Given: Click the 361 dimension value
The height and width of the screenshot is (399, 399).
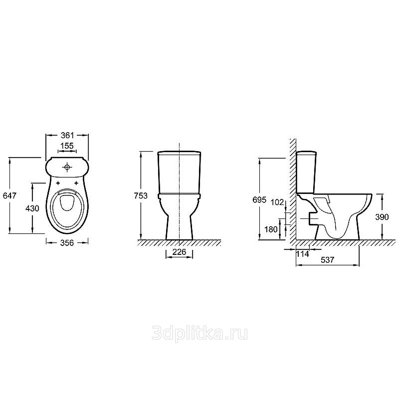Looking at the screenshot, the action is click(67, 135).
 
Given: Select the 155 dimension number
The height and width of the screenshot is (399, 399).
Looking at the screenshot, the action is click(67, 146).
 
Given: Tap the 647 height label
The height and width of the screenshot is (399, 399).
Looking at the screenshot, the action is click(9, 196).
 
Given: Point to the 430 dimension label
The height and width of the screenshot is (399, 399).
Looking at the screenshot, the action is click(32, 208).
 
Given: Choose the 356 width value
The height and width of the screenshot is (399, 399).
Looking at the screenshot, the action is click(67, 243).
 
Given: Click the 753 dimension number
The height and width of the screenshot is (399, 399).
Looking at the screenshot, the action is click(141, 196).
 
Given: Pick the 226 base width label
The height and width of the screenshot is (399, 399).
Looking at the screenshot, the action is click(180, 252).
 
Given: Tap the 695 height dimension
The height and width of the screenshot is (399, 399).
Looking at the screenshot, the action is click(259, 200).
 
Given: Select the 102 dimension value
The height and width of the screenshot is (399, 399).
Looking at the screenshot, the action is click(277, 202).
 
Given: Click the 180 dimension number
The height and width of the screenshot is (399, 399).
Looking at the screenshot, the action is click(271, 229).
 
